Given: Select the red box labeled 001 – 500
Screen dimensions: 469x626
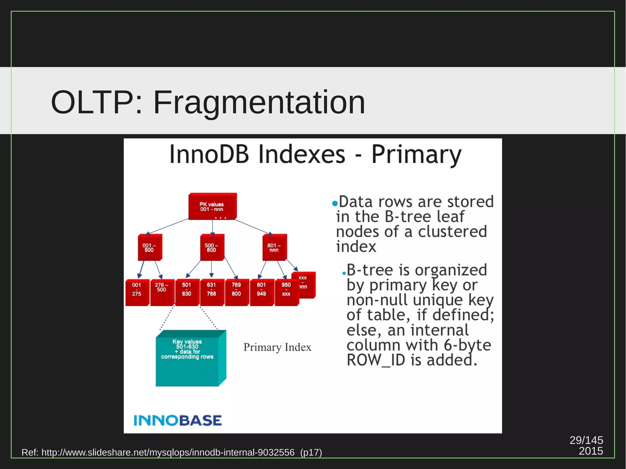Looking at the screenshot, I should click(x=149, y=248).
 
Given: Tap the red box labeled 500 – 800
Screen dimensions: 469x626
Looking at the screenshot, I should click(x=212, y=248).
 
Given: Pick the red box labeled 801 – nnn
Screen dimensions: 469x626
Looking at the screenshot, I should click(x=274, y=248).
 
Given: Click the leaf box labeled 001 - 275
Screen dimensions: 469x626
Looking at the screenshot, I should click(x=137, y=292).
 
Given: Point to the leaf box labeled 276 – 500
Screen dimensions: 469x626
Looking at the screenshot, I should click(x=162, y=292).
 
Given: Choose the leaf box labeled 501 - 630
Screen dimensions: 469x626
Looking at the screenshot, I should click(x=186, y=292).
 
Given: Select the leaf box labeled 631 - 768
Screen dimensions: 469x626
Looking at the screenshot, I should click(x=212, y=292).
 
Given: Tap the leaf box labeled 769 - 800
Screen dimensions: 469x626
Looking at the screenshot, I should click(x=236, y=292).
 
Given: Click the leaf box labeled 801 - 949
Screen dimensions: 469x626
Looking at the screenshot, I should click(x=261, y=292).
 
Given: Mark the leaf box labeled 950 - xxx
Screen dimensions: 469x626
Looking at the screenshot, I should click(x=286, y=292).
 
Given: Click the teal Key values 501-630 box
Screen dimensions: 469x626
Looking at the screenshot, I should click(x=187, y=361).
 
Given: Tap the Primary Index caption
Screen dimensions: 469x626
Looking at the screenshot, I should click(x=277, y=347).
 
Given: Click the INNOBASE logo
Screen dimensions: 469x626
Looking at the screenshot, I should click(x=178, y=421).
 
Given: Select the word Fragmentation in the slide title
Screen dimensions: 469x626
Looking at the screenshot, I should click(x=259, y=102).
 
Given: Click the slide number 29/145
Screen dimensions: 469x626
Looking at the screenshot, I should click(x=586, y=440).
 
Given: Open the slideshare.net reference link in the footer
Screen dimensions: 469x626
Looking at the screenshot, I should click(x=168, y=452).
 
